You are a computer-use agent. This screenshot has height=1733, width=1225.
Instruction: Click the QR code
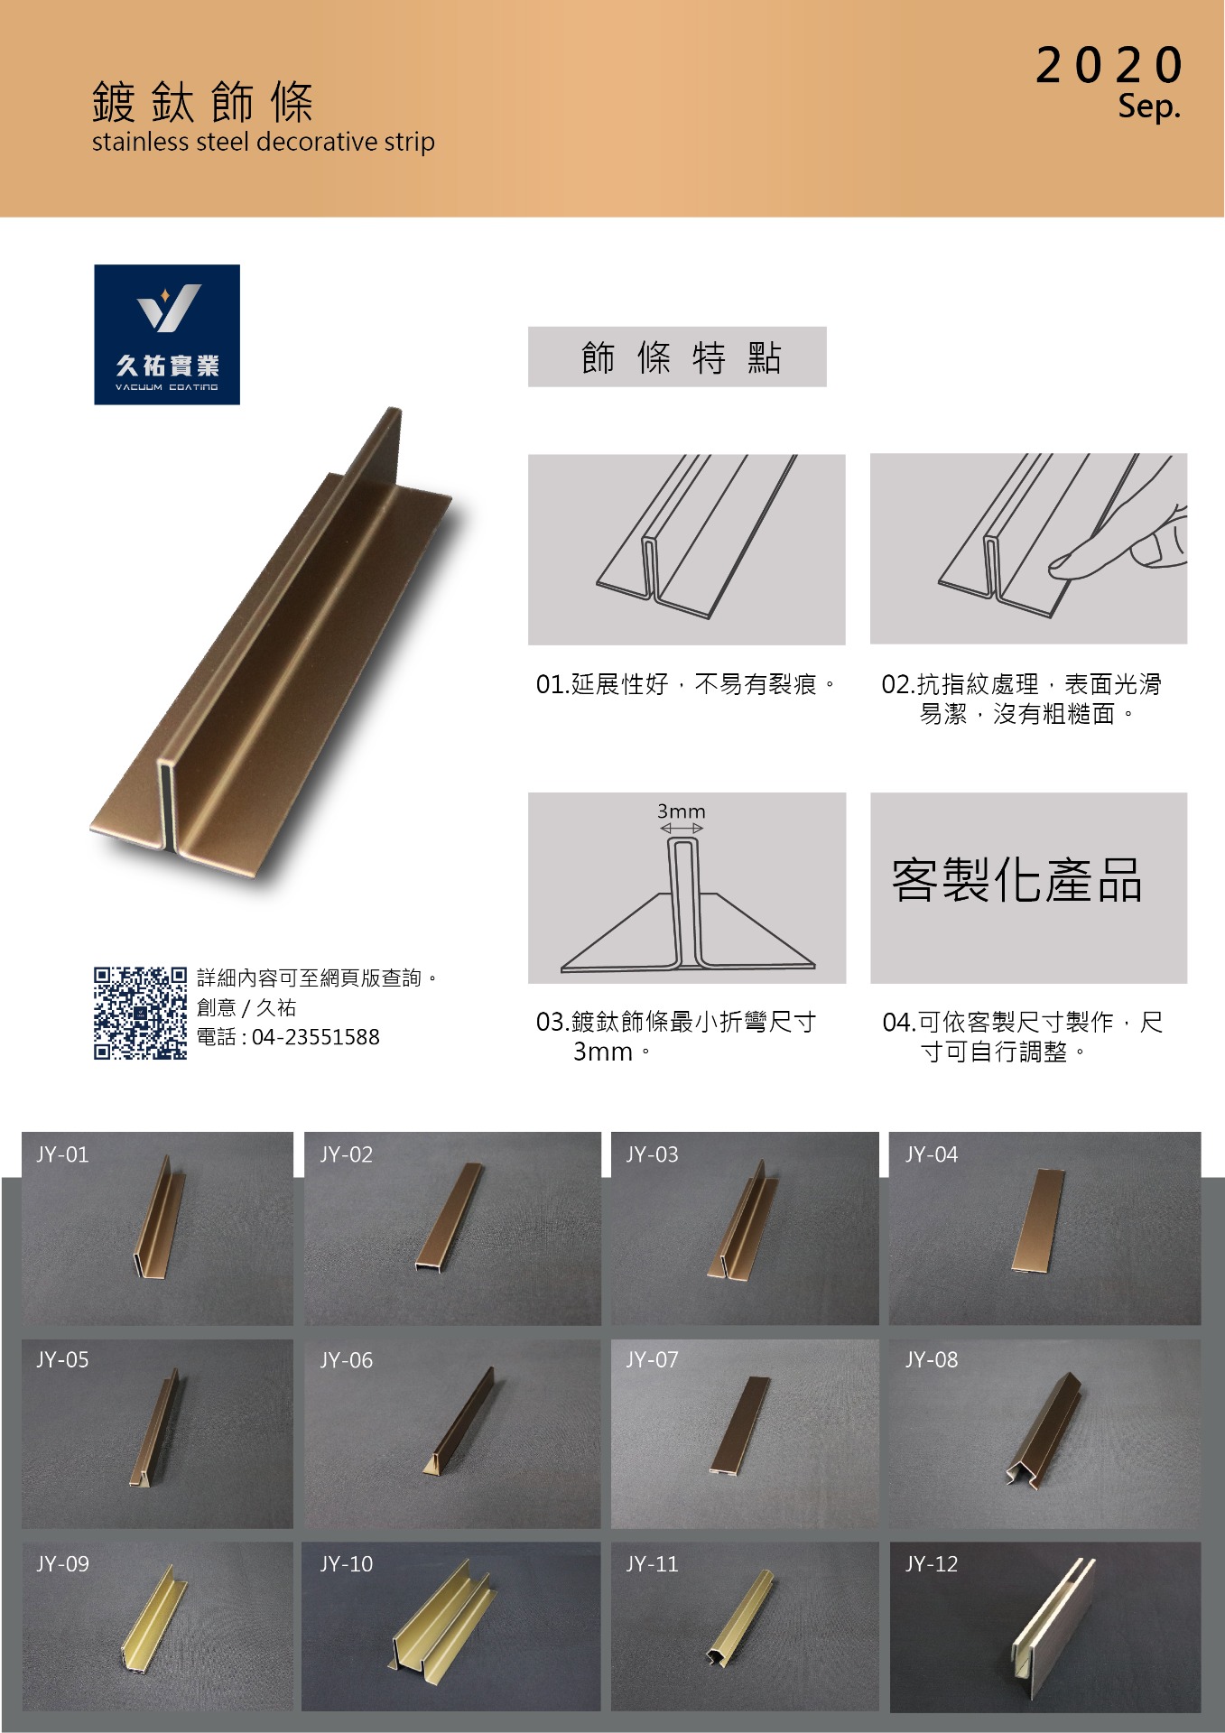click(140, 1013)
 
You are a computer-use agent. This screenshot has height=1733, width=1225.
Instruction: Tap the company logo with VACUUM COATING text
click(167, 334)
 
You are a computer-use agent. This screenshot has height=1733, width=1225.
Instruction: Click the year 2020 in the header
click(1109, 65)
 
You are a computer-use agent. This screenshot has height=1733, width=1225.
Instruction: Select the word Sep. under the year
click(1149, 107)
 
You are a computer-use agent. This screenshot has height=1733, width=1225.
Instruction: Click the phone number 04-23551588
click(316, 1037)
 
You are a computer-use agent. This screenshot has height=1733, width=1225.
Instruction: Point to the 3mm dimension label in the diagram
click(682, 811)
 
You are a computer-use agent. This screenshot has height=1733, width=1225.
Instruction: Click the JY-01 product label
click(62, 1154)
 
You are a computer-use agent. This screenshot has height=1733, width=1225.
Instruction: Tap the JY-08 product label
click(932, 1359)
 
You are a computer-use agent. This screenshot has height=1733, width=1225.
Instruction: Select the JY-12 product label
click(932, 1563)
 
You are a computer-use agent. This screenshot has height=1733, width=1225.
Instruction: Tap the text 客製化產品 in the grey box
click(1017, 880)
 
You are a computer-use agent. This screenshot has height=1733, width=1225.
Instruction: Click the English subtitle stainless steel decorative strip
click(264, 142)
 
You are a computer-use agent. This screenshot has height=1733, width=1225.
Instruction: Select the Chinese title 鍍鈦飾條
click(203, 101)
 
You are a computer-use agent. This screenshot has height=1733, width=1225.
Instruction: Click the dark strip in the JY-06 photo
click(460, 1420)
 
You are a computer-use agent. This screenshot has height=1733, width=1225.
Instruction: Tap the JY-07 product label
click(652, 1359)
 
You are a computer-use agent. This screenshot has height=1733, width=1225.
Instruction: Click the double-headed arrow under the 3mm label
click(682, 829)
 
